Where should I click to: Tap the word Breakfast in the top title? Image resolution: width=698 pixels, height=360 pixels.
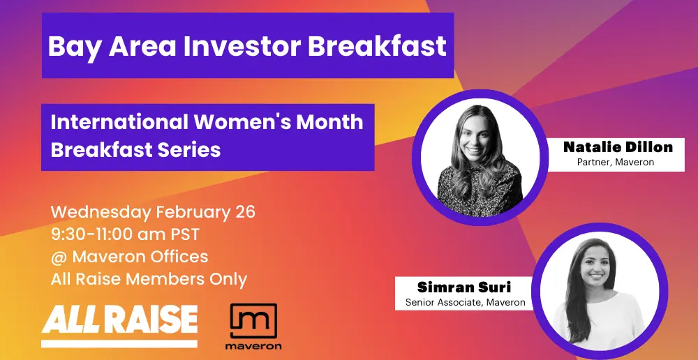377,45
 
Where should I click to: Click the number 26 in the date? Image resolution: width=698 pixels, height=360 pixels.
244,212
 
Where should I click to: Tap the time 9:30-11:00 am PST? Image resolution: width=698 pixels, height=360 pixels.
125,234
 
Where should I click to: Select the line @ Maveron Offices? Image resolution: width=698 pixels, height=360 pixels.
130,257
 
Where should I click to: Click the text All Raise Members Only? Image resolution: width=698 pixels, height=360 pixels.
149,280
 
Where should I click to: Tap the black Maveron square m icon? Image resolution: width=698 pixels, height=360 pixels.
253,321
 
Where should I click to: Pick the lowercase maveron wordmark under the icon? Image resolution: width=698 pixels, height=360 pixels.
253,346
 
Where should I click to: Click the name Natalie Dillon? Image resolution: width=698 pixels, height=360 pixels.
618,147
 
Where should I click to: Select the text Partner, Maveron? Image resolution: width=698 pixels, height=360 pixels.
616,163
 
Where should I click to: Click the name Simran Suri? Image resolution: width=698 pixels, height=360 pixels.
464,287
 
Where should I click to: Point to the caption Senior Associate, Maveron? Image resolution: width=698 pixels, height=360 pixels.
465,303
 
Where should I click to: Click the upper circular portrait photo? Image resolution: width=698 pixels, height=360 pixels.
480,157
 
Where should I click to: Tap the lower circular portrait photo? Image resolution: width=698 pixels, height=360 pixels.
599,291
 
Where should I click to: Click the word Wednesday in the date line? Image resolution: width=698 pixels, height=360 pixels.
101,213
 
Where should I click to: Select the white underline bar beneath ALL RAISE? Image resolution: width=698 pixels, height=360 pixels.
119,344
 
